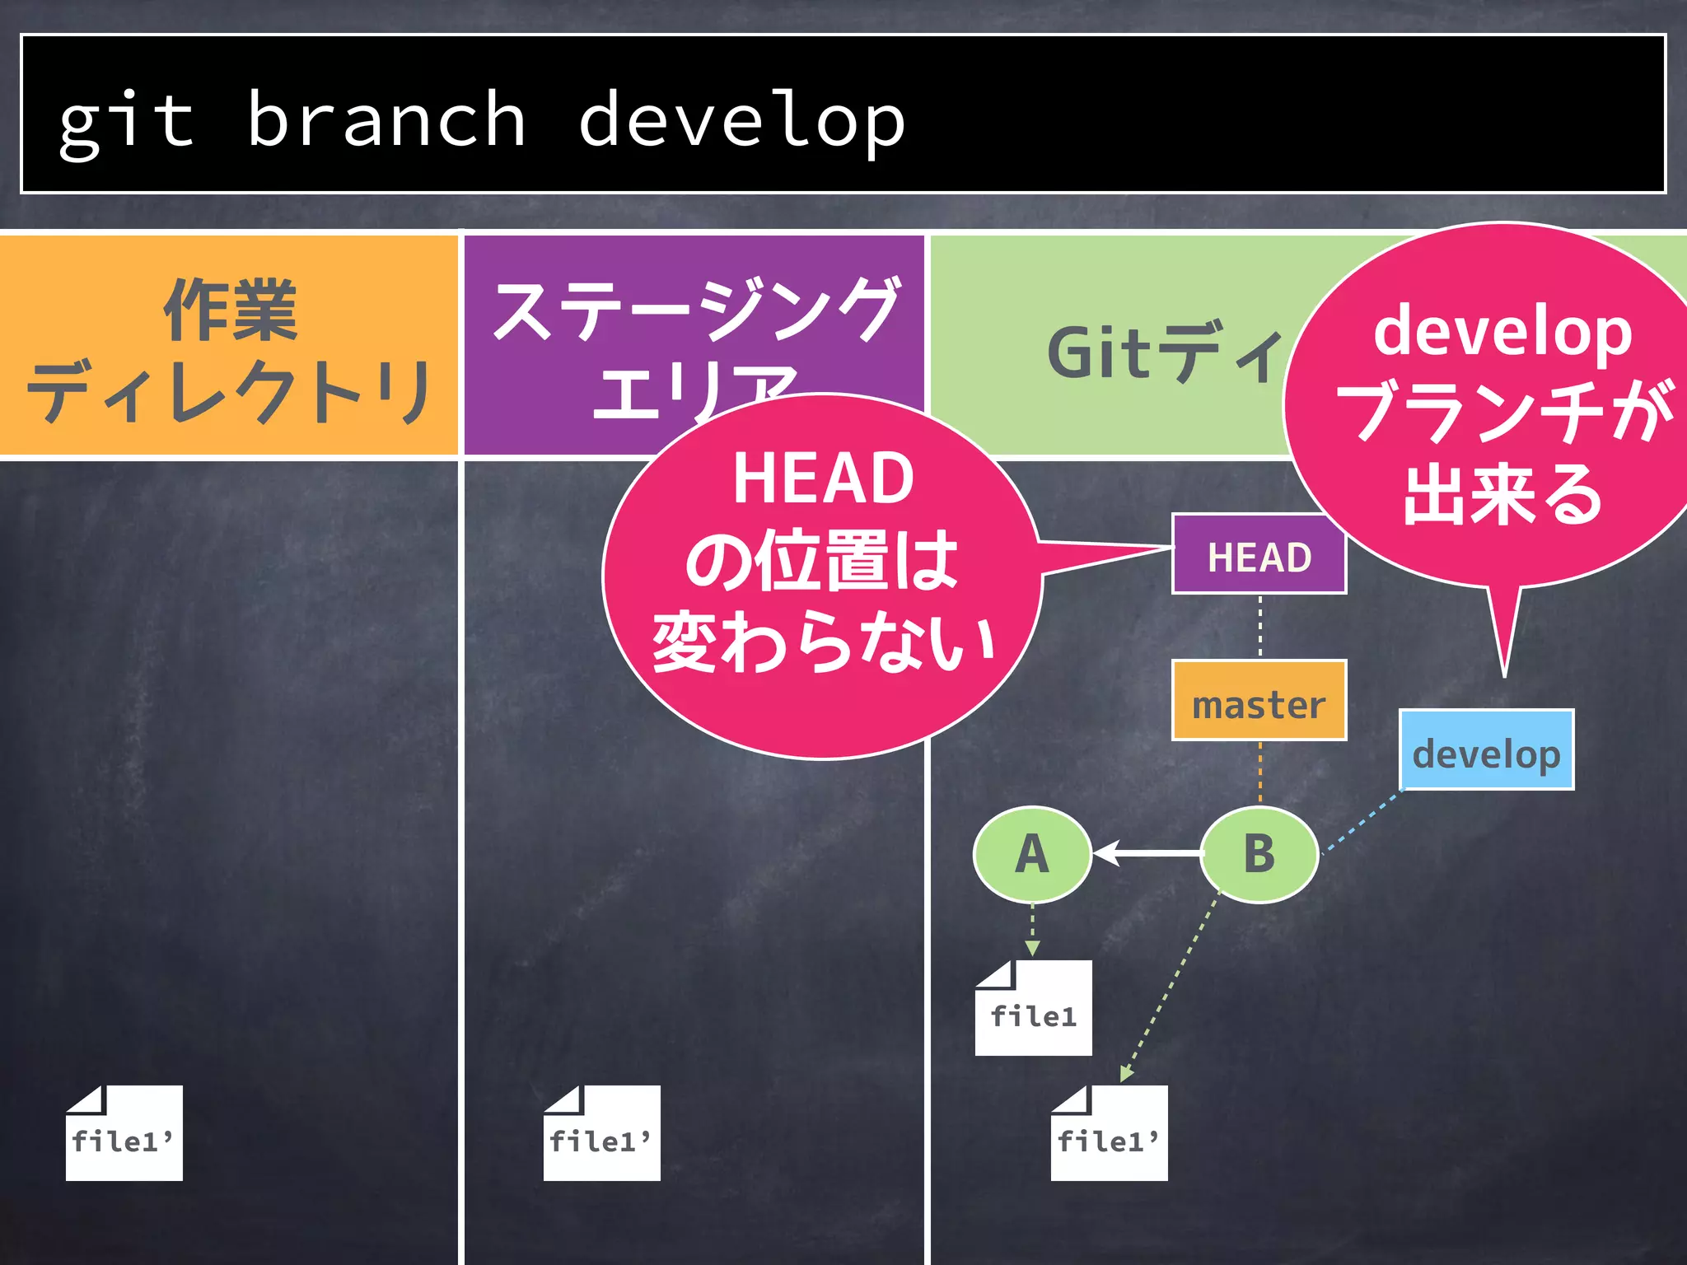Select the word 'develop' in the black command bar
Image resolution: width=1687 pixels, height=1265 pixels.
pyautogui.click(x=741, y=121)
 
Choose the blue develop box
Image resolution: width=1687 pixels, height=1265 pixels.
pyautogui.click(x=1486, y=750)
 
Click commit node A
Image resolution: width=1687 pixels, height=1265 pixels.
pyautogui.click(x=1032, y=855)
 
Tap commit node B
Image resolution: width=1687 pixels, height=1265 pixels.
pyautogui.click(x=1259, y=855)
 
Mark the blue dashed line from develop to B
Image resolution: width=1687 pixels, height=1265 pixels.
pyautogui.click(x=1363, y=823)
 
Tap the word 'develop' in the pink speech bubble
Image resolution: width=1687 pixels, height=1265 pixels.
pyautogui.click(x=1502, y=331)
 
